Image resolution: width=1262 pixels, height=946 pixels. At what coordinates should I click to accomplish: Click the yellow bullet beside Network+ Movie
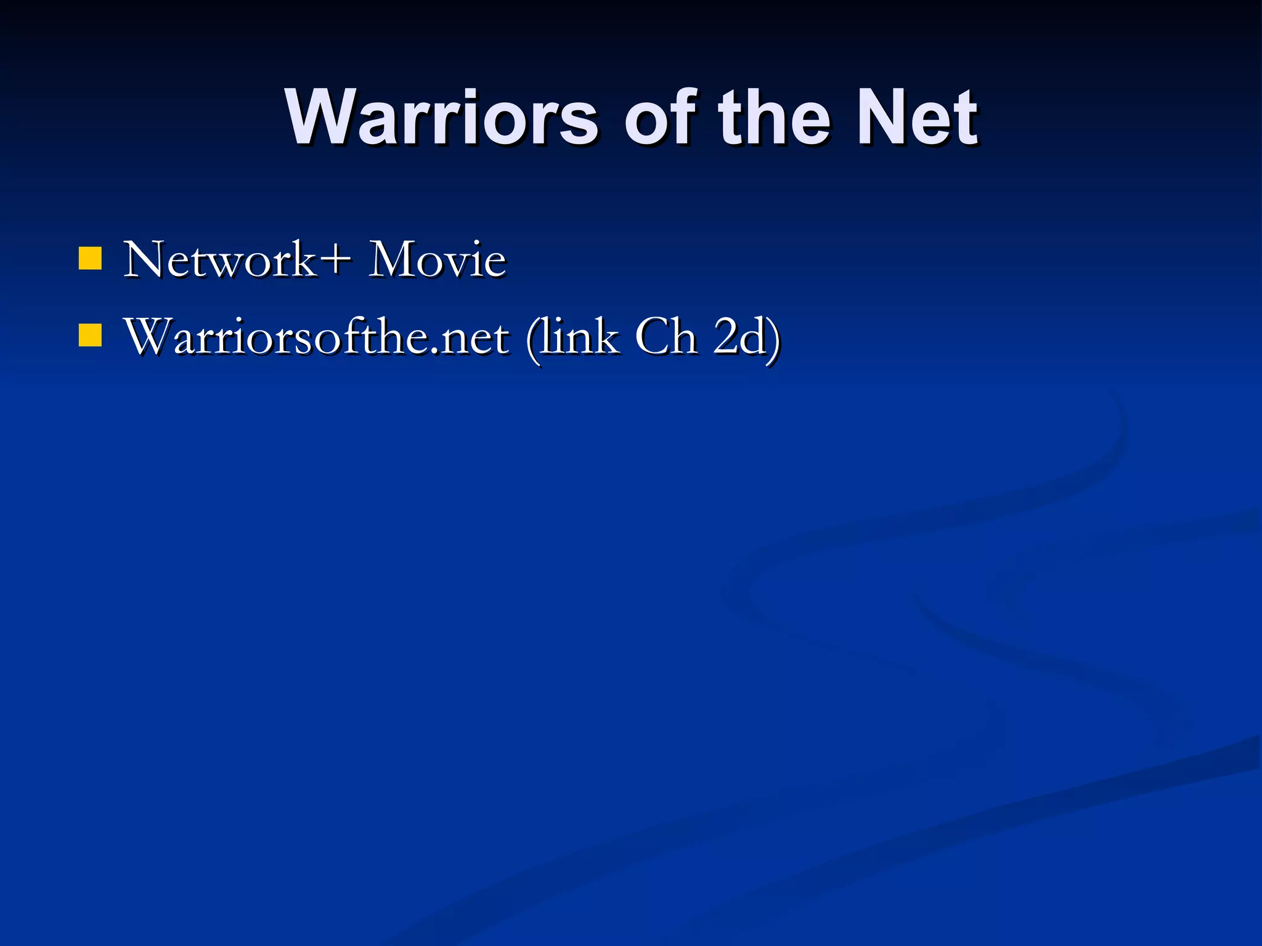[x=90, y=259]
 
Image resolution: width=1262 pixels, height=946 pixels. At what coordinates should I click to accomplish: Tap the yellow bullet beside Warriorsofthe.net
[x=90, y=336]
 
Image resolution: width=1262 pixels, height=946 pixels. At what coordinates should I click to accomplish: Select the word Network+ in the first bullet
[x=238, y=259]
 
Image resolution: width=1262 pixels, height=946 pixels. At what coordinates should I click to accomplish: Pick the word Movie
[x=437, y=259]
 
